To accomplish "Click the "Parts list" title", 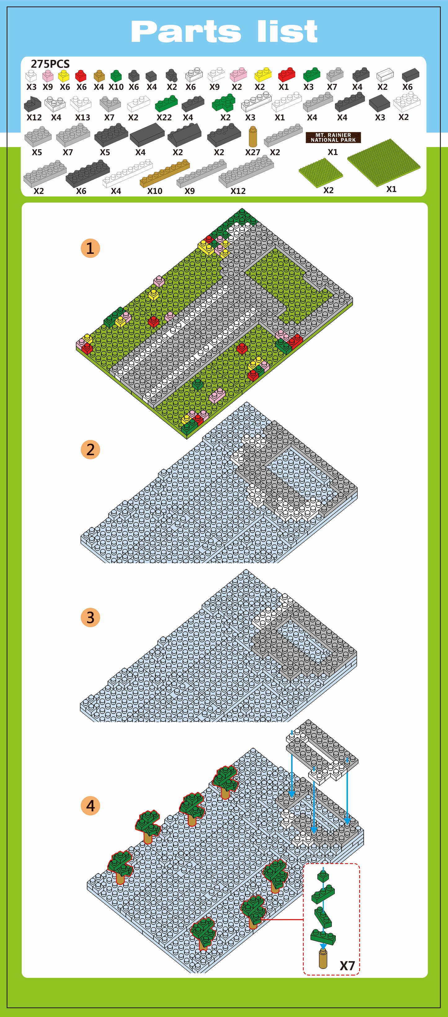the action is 224,32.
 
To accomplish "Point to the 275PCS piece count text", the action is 50,64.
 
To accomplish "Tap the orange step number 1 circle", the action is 90,248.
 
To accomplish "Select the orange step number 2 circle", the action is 90,450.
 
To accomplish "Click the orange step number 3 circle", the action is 90,617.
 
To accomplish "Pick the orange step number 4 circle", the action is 90,806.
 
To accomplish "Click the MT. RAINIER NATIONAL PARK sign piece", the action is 333,137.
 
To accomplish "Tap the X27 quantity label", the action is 252,152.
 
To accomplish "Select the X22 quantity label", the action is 164,118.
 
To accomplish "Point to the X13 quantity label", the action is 82,118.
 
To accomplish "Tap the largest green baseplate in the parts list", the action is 384,162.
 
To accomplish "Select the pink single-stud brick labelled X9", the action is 48,75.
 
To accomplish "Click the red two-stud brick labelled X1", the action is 287,74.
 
